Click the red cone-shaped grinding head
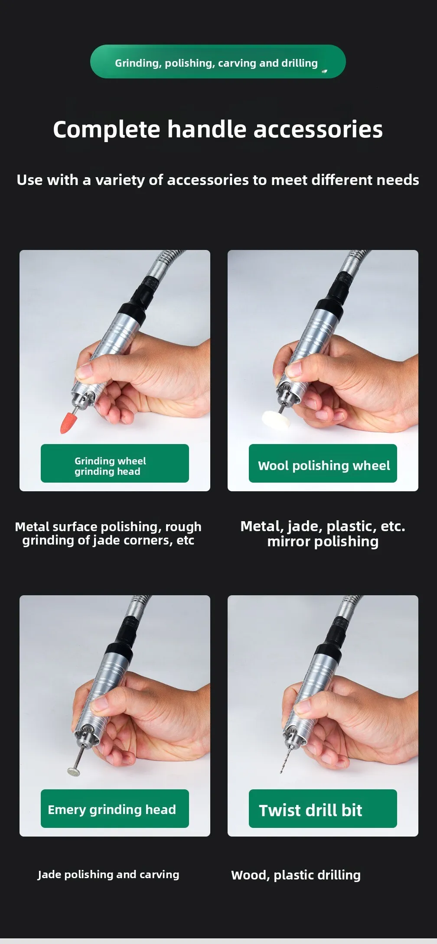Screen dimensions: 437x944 (68, 423)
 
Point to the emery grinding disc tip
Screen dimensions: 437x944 (74, 771)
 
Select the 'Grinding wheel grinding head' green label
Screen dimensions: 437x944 (115, 463)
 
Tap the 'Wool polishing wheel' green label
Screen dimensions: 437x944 (323, 463)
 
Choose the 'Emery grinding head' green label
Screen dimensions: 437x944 (115, 808)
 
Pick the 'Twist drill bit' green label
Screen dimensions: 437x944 (323, 808)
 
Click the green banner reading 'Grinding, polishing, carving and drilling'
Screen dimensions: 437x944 (218, 62)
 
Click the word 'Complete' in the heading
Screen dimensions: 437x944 (107, 130)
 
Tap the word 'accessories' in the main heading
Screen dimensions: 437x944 (318, 130)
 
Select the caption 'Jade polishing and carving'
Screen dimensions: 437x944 (108, 874)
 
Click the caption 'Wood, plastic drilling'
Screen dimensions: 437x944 (296, 875)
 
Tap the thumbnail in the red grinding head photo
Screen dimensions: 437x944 (84, 370)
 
